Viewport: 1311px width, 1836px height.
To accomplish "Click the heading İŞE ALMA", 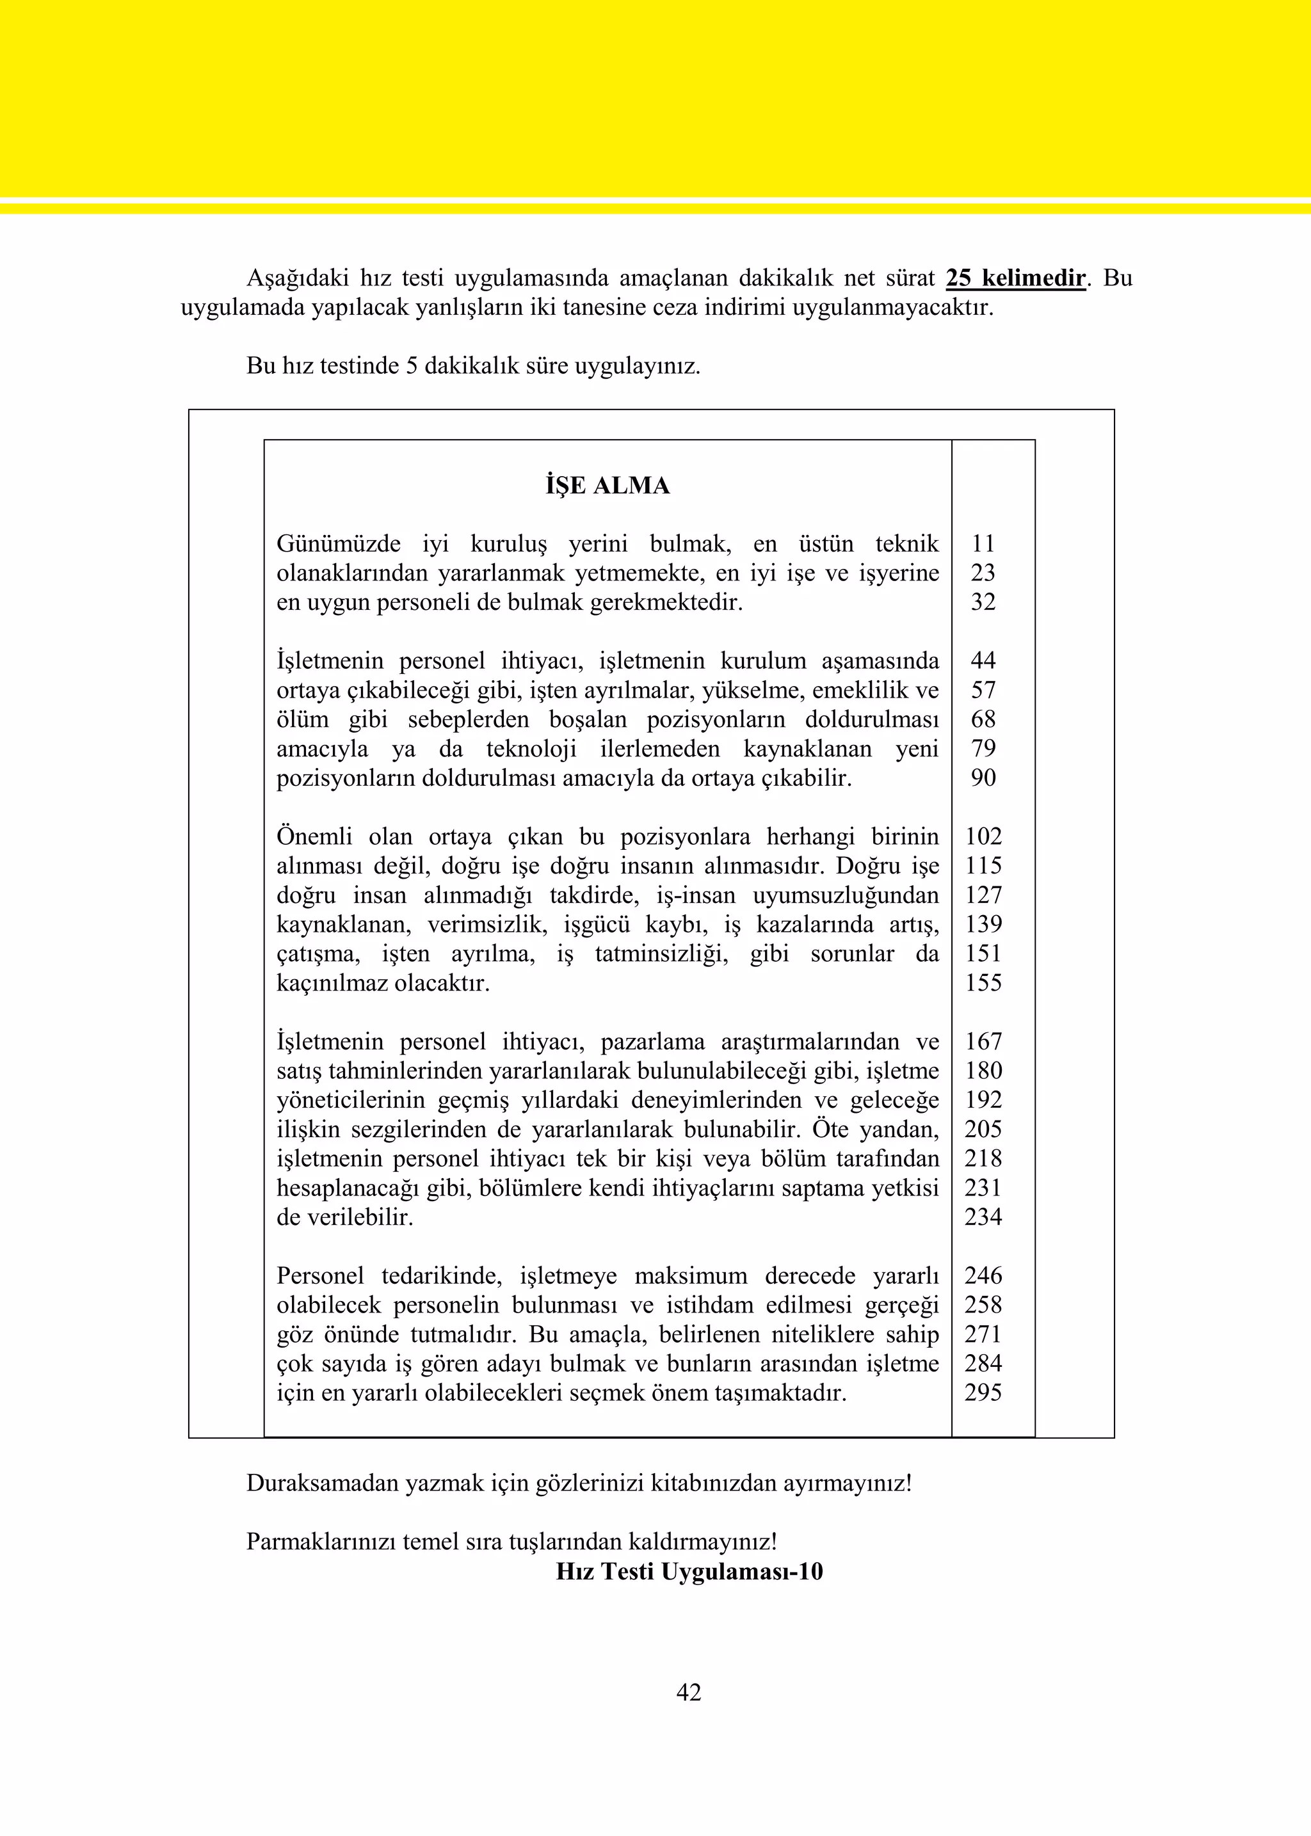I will tap(607, 486).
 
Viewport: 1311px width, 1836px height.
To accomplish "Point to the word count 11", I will tap(983, 544).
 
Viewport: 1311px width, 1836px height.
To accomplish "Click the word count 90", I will tap(983, 778).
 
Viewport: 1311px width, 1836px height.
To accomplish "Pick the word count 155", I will tap(983, 983).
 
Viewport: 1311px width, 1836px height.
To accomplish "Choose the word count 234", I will tap(983, 1217).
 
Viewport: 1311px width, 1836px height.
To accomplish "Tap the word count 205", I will tap(983, 1129).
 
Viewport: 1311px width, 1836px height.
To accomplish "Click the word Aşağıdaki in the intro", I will tap(297, 278).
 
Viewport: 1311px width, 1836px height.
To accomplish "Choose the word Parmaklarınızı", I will tap(321, 1542).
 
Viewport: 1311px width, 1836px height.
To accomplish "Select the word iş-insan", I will tap(696, 896).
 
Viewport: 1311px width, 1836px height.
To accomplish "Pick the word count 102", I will tap(983, 837).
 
